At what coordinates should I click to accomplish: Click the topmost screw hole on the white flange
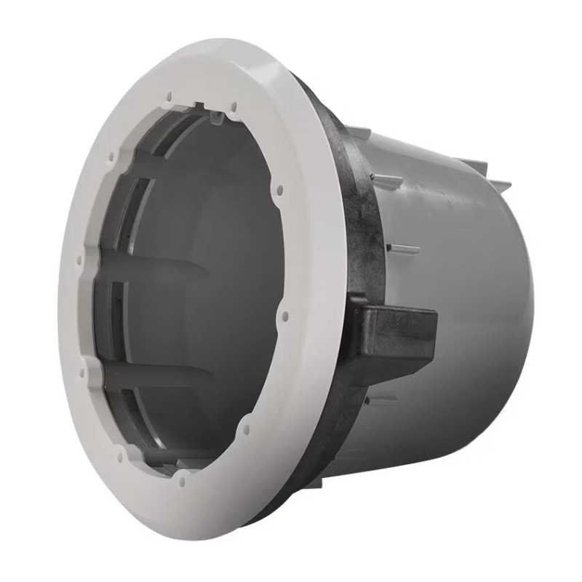pyautogui.click(x=168, y=95)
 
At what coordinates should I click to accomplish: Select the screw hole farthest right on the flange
pyautogui.click(x=284, y=316)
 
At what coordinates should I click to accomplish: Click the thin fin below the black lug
pyautogui.click(x=382, y=400)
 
